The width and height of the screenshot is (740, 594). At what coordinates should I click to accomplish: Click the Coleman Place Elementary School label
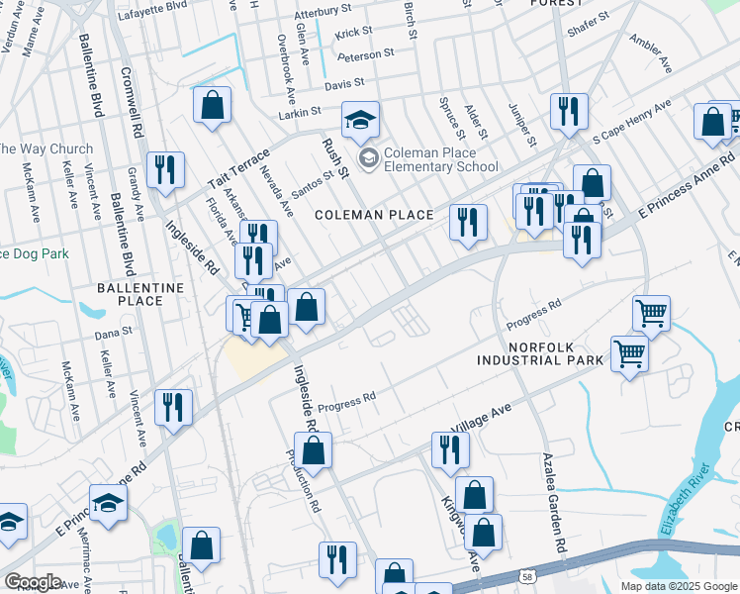pos(440,159)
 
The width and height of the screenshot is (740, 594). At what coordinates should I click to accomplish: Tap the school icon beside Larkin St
pos(361,121)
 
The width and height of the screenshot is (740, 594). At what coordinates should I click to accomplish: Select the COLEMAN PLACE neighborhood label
pos(374,215)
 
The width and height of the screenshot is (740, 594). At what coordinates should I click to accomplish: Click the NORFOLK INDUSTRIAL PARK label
pos(555,354)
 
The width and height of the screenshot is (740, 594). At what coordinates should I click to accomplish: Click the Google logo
pos(33,581)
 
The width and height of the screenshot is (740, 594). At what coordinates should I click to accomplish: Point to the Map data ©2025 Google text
pos(679,586)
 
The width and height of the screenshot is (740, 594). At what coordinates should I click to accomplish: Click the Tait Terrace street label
pos(237,167)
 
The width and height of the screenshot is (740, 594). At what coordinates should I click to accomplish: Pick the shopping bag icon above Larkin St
pos(213,107)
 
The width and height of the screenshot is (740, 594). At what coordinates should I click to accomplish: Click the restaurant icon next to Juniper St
pos(569,113)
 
